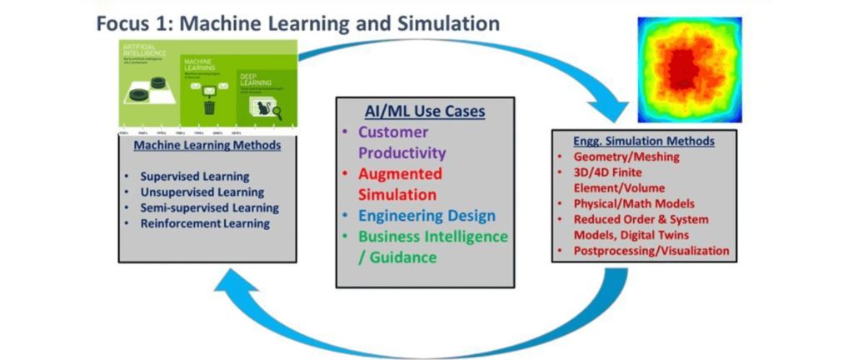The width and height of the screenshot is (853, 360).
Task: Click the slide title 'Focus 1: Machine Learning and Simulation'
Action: pos(297,22)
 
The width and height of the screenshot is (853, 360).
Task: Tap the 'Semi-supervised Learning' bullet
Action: pos(209,207)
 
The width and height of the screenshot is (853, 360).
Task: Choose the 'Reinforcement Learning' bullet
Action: pos(205,223)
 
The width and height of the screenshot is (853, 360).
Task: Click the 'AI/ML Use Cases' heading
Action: pos(425,112)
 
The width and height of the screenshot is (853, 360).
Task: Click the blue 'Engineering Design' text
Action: pos(426,216)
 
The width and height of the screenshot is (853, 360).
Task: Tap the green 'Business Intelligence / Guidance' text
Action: pos(432,247)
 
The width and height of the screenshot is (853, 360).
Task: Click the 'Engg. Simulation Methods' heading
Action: pos(642,139)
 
